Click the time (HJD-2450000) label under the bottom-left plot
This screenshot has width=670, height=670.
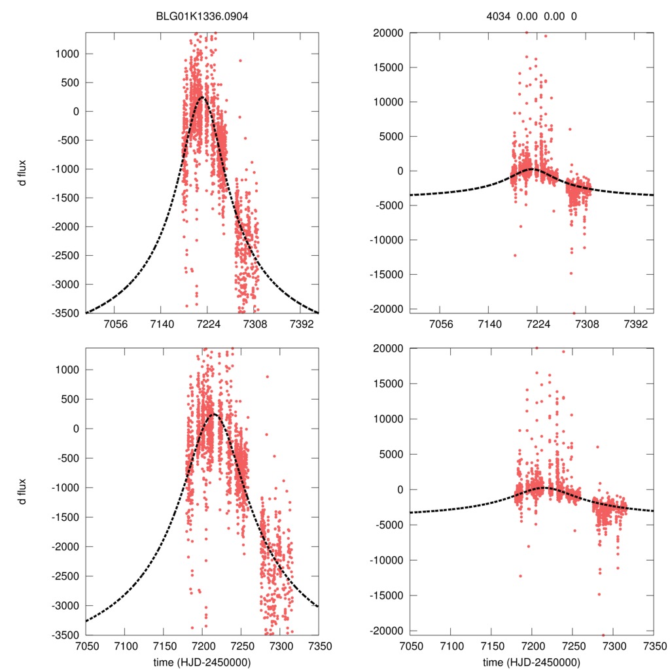click(202, 662)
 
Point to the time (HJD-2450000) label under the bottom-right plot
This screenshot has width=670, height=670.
click(531, 662)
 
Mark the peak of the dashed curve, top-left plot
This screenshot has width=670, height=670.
click(203, 97)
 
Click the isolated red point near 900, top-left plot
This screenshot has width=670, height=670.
click(240, 60)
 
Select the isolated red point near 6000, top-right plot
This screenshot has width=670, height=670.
click(570, 129)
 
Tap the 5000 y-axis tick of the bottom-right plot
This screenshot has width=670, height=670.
click(390, 454)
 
